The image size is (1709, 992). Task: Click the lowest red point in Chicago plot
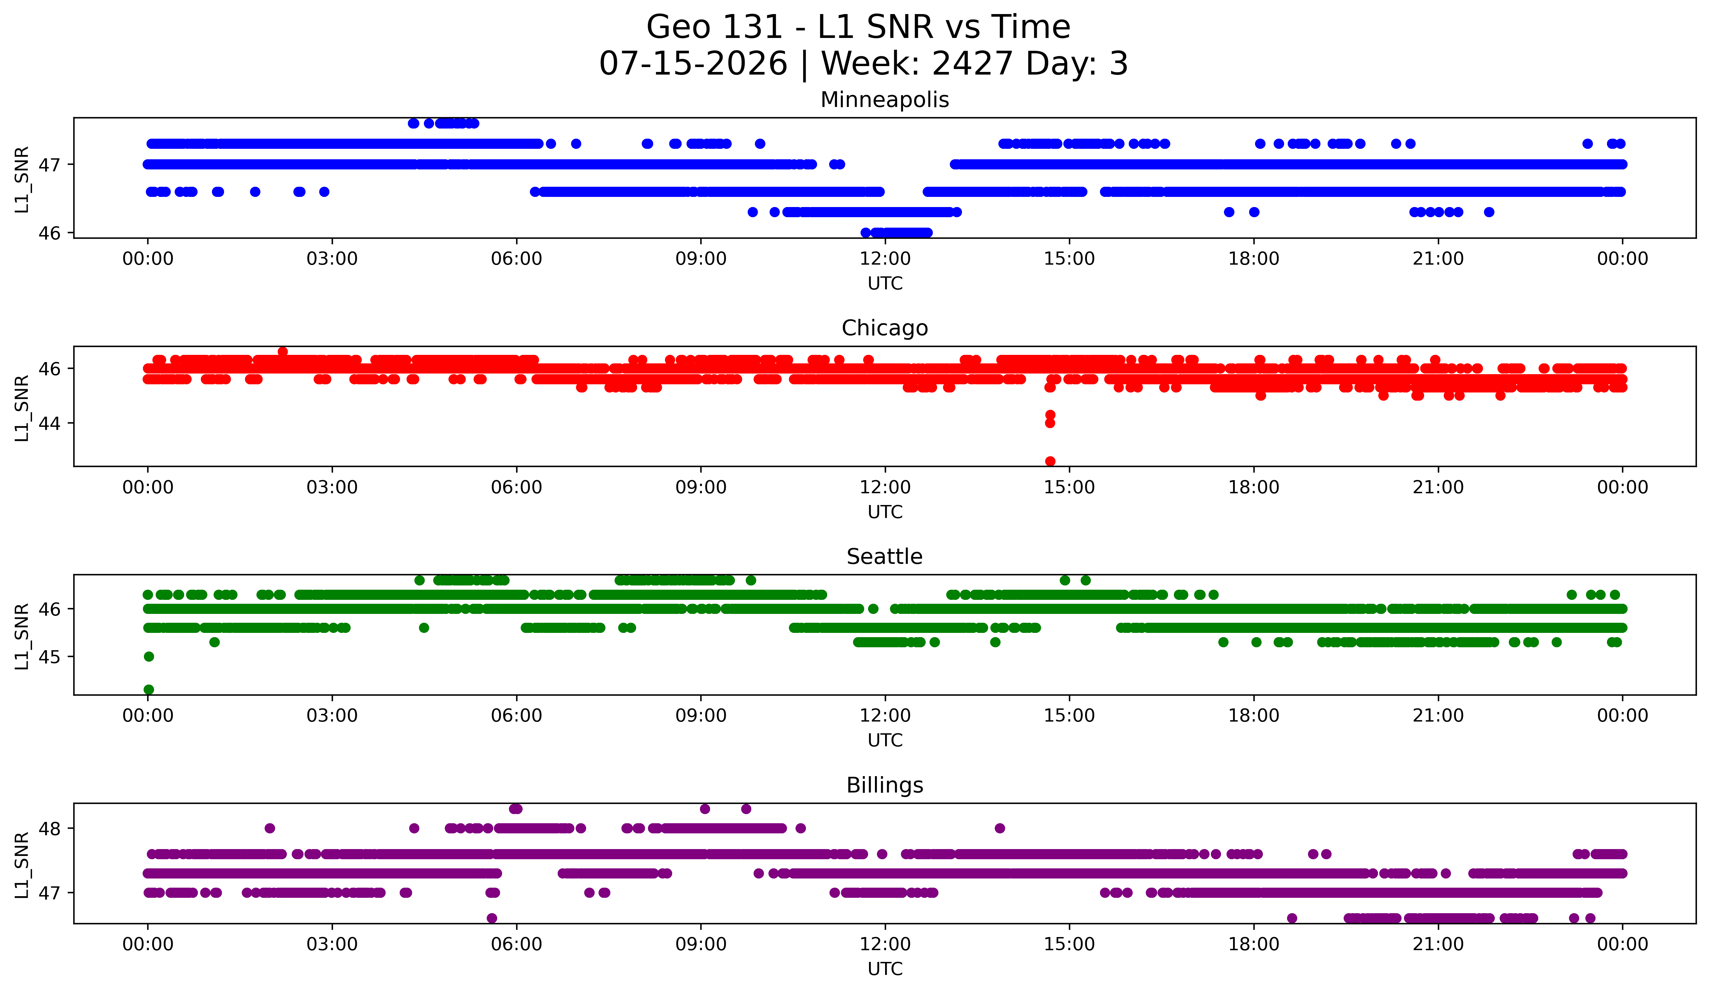click(1050, 461)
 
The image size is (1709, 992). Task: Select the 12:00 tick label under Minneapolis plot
click(885, 259)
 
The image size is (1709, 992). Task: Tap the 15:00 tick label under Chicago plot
click(1070, 488)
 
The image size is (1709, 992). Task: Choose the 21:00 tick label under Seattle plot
click(1439, 716)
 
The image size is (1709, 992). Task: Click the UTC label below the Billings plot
click(885, 969)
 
